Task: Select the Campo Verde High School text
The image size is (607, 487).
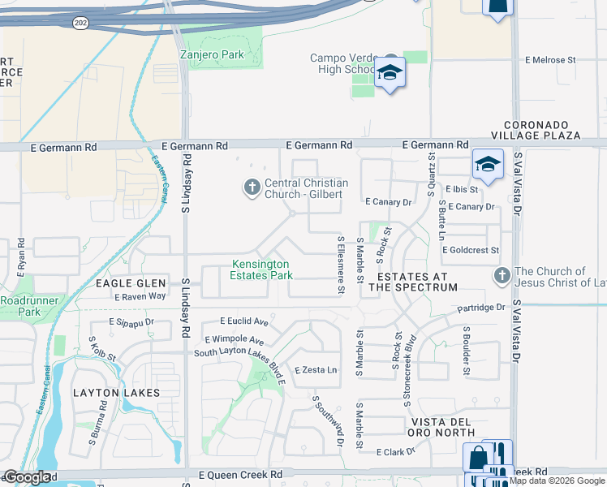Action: click(x=342, y=63)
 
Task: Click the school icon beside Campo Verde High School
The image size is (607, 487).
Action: click(x=390, y=73)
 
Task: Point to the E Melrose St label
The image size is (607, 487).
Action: click(x=549, y=60)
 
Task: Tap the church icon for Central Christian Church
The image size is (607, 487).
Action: click(x=252, y=188)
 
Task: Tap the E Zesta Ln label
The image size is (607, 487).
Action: click(x=316, y=370)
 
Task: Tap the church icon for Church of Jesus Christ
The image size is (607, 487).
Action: click(x=501, y=277)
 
